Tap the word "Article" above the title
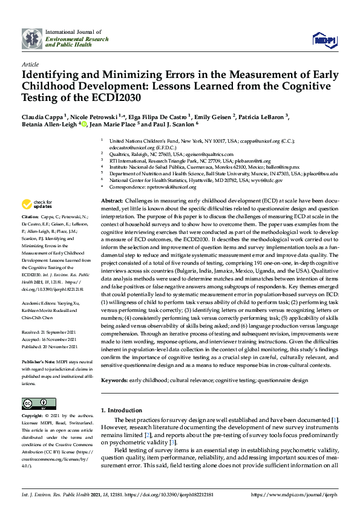[x=30, y=63]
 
